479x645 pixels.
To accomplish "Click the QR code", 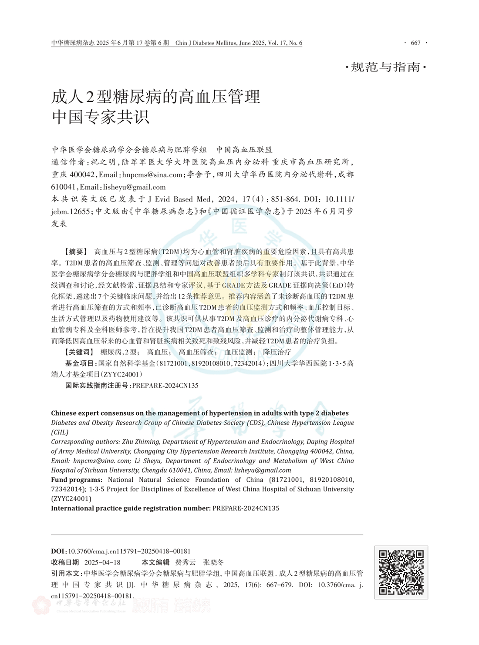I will coord(401,572).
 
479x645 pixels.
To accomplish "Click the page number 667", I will coord(415,43).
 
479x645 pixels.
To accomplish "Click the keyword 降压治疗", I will coord(277,352).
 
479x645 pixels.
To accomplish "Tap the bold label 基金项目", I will coord(80,363).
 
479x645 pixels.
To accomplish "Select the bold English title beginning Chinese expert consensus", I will coord(199,413).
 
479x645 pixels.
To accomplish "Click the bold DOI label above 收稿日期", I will coord(58,551).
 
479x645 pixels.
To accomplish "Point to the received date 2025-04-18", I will coord(102,562).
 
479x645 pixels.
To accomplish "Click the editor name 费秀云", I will coord(186,562).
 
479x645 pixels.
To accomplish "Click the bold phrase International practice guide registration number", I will coord(131,508).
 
